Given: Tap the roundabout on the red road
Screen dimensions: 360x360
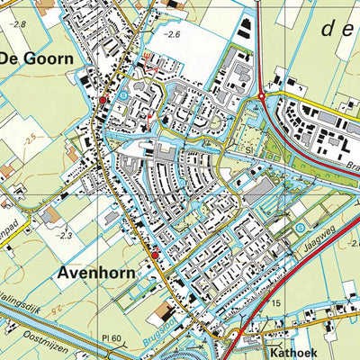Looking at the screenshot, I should coord(262,93).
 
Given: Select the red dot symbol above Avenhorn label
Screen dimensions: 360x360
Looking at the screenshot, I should coord(154,256).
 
